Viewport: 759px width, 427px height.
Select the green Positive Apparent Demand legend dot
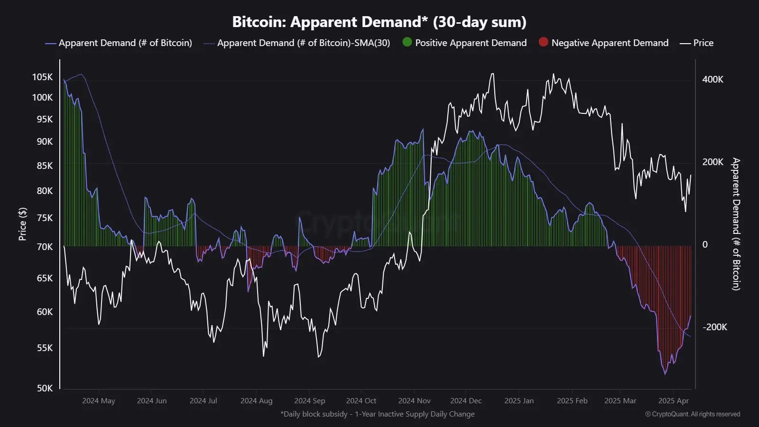[407, 42]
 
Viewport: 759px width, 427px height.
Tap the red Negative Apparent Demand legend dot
[543, 42]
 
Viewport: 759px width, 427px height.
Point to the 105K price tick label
[42, 77]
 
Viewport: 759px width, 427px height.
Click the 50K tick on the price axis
[45, 388]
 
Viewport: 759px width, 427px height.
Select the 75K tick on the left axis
[45, 218]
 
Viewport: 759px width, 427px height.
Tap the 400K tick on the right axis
[713, 80]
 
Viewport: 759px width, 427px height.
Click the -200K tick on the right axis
[714, 327]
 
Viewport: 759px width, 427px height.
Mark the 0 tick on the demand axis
[705, 245]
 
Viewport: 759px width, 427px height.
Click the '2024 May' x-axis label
[99, 401]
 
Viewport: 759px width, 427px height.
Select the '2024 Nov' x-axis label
[414, 401]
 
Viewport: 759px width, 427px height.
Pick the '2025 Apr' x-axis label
[673, 401]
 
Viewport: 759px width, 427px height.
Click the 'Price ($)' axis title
[22, 224]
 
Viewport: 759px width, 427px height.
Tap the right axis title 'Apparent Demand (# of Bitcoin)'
[736, 224]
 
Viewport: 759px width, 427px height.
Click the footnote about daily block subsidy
[377, 414]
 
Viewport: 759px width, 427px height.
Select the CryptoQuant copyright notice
[692, 414]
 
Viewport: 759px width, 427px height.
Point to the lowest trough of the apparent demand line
[665, 374]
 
